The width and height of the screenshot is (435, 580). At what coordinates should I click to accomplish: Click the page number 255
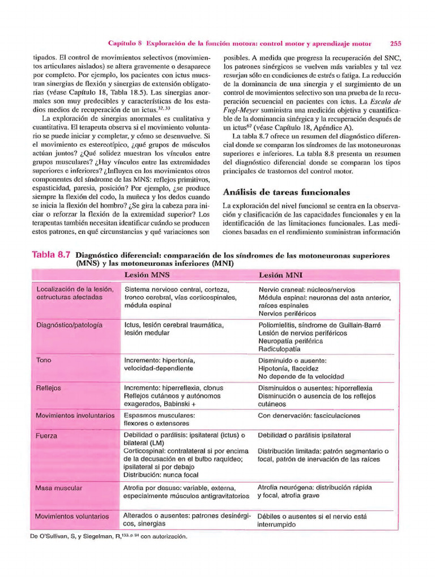pyautogui.click(x=395, y=43)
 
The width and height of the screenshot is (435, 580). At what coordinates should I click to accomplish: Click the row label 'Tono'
pyautogui.click(x=44, y=360)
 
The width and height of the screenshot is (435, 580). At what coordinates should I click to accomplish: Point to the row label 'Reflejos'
pyautogui.click(x=48, y=388)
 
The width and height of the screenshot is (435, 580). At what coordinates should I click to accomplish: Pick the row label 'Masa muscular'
pyautogui.click(x=58, y=488)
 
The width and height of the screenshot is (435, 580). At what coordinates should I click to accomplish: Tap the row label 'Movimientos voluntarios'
pyautogui.click(x=72, y=517)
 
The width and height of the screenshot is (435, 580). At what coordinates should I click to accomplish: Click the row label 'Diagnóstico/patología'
pyautogui.click(x=69, y=325)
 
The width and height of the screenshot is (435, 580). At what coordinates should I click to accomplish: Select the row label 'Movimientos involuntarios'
pyautogui.click(x=75, y=415)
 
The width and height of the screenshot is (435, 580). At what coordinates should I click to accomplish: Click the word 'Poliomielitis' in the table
pyautogui.click(x=278, y=325)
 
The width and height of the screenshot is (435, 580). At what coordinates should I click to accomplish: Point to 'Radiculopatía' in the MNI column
pyautogui.click(x=280, y=349)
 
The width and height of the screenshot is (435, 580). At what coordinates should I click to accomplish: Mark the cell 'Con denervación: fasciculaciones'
pyautogui.click(x=309, y=415)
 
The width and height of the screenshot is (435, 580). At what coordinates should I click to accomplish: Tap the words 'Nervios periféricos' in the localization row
pyautogui.click(x=287, y=313)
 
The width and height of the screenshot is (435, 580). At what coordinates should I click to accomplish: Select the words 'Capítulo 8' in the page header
pyautogui.click(x=125, y=43)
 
